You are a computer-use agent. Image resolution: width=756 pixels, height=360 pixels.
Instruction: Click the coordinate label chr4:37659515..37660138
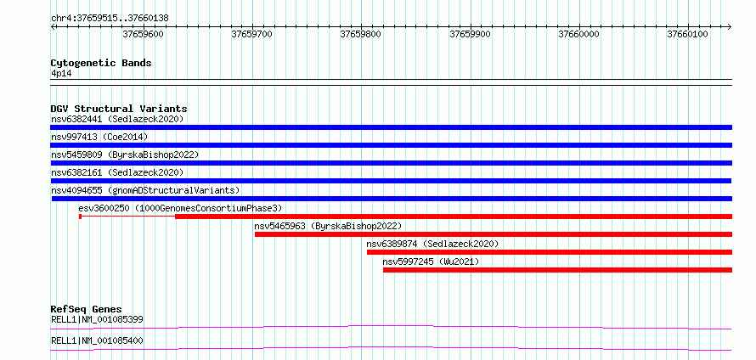click(110, 19)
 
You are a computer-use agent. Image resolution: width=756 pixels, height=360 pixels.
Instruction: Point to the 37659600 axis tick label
click(144, 34)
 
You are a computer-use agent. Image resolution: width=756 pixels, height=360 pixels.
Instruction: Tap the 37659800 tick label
click(361, 34)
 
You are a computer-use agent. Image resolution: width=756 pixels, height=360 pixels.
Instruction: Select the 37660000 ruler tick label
click(578, 34)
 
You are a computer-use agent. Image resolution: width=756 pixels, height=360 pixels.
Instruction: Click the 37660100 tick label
click(687, 34)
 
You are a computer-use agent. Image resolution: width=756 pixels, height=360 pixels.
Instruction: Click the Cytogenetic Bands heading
click(101, 63)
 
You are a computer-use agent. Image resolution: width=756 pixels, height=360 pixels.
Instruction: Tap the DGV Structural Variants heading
click(119, 109)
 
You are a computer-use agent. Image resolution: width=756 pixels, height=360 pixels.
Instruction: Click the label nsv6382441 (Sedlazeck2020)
click(117, 119)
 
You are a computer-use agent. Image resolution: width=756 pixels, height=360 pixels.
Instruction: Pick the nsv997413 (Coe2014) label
click(99, 137)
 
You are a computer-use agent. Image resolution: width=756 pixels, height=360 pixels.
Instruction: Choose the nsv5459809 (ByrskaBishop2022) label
click(125, 155)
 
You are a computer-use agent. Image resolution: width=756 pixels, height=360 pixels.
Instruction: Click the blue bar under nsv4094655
click(392, 199)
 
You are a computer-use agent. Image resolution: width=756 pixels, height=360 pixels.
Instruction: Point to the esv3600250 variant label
click(180, 208)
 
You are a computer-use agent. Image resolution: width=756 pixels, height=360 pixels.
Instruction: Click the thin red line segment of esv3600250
click(128, 217)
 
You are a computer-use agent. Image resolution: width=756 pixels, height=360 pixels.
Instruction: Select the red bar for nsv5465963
click(494, 234)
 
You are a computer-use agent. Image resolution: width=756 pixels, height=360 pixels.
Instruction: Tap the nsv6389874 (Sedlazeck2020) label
click(432, 244)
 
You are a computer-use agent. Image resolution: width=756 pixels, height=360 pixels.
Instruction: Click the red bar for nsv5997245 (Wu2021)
click(558, 270)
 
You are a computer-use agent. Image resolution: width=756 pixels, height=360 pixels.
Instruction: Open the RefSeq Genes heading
click(87, 309)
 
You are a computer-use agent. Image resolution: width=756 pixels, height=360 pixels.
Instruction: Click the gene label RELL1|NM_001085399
click(97, 319)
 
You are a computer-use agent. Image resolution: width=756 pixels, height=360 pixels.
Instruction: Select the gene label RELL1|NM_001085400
click(97, 340)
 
